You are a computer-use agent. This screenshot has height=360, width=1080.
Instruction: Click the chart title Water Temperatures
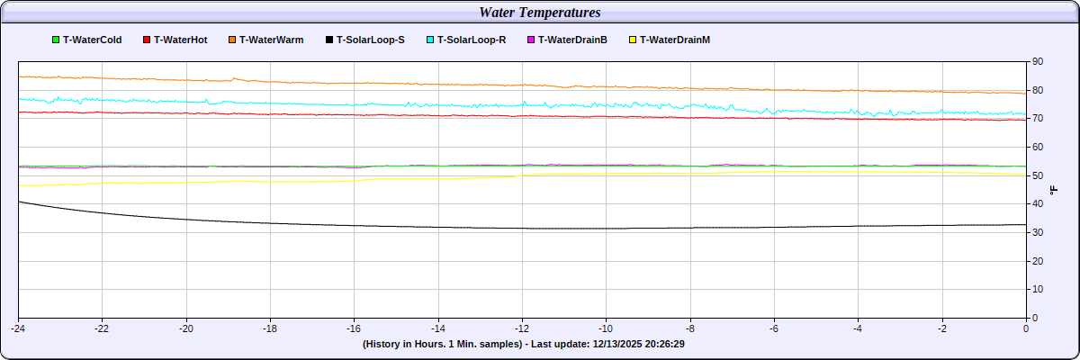540,13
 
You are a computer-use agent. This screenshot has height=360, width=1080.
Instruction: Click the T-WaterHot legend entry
181,40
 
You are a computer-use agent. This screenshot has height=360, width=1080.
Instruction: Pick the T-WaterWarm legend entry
271,40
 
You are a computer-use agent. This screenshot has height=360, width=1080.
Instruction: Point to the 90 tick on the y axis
1038,61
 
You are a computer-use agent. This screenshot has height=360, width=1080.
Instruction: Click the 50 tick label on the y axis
1038,175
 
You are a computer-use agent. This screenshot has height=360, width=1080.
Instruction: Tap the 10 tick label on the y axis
1038,289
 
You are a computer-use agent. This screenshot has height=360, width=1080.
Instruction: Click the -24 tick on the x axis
18,328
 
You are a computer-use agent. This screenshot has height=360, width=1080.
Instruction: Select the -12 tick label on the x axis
522,328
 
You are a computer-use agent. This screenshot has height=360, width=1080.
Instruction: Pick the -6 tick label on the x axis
774,328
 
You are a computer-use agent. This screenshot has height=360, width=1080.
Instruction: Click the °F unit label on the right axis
1054,189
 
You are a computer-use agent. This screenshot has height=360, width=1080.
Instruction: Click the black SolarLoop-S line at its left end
21,202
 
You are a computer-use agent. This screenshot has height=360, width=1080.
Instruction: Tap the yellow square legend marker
633,40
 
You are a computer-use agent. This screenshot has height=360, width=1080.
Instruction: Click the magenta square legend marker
531,40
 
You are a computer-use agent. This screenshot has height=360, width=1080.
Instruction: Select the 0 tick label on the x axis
1026,328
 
